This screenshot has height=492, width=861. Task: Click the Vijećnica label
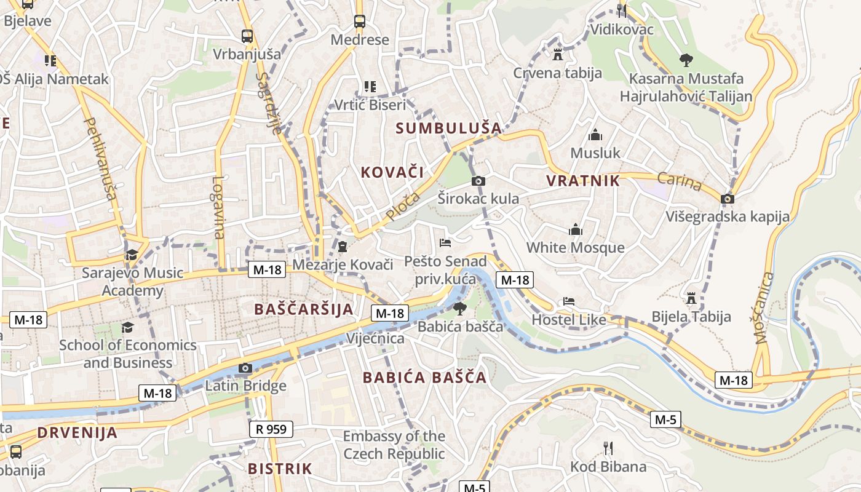tap(375, 338)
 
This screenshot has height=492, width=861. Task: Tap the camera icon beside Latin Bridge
tap(245, 368)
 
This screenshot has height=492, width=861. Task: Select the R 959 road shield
tap(271, 429)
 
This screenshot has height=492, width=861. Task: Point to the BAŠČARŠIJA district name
tap(304, 309)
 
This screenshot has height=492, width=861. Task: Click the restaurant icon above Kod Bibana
tap(608, 448)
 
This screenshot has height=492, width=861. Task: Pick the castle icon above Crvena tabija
tap(558, 54)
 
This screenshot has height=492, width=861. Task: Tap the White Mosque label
tap(575, 248)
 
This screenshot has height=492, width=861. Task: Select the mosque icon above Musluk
tap(595, 135)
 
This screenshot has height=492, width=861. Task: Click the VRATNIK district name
tap(583, 181)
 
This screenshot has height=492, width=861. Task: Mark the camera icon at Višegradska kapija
tap(728, 199)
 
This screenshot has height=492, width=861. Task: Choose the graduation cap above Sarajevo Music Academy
tap(132, 255)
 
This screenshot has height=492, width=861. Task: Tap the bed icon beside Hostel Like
tap(569, 301)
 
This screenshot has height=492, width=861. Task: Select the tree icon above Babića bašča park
tap(459, 308)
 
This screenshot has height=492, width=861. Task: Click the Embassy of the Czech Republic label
tap(394, 445)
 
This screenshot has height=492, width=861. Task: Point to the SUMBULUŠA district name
tap(449, 129)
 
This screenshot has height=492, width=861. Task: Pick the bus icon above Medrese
tap(360, 22)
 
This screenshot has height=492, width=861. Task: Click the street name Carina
tap(680, 181)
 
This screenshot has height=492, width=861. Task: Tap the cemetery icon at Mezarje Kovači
tap(343, 247)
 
